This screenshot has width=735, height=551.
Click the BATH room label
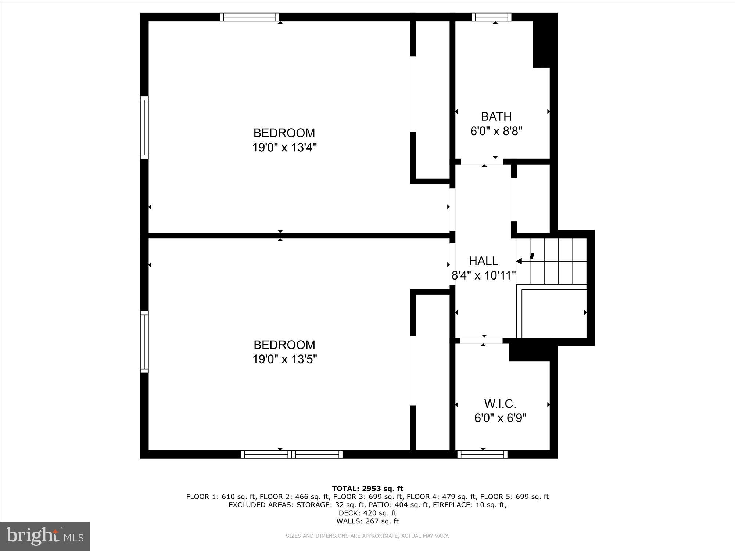click(x=496, y=116)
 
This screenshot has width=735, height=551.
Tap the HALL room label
click(x=483, y=261)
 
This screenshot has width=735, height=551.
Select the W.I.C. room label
click(x=500, y=404)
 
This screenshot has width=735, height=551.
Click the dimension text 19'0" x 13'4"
click(x=284, y=147)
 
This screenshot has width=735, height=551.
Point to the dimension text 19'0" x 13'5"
click(x=284, y=359)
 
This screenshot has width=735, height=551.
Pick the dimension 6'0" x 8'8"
click(x=496, y=131)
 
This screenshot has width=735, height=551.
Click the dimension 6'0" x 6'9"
click(x=500, y=418)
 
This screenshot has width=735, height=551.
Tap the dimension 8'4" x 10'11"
click(x=483, y=275)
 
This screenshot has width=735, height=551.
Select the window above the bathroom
click(x=491, y=17)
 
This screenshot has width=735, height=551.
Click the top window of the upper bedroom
click(x=250, y=17)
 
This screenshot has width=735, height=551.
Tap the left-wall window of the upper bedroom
click(x=144, y=127)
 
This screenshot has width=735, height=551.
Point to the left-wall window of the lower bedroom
click(x=144, y=342)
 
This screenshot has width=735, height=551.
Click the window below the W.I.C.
click(x=483, y=454)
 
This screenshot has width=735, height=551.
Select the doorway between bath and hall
click(x=482, y=162)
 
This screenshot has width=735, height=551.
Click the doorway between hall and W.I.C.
click(x=481, y=341)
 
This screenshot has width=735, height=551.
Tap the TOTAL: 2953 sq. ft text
click(x=367, y=489)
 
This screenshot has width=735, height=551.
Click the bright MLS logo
click(x=45, y=536)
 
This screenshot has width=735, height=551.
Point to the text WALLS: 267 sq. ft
click(x=367, y=521)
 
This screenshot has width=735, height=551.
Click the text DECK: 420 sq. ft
click(x=367, y=513)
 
